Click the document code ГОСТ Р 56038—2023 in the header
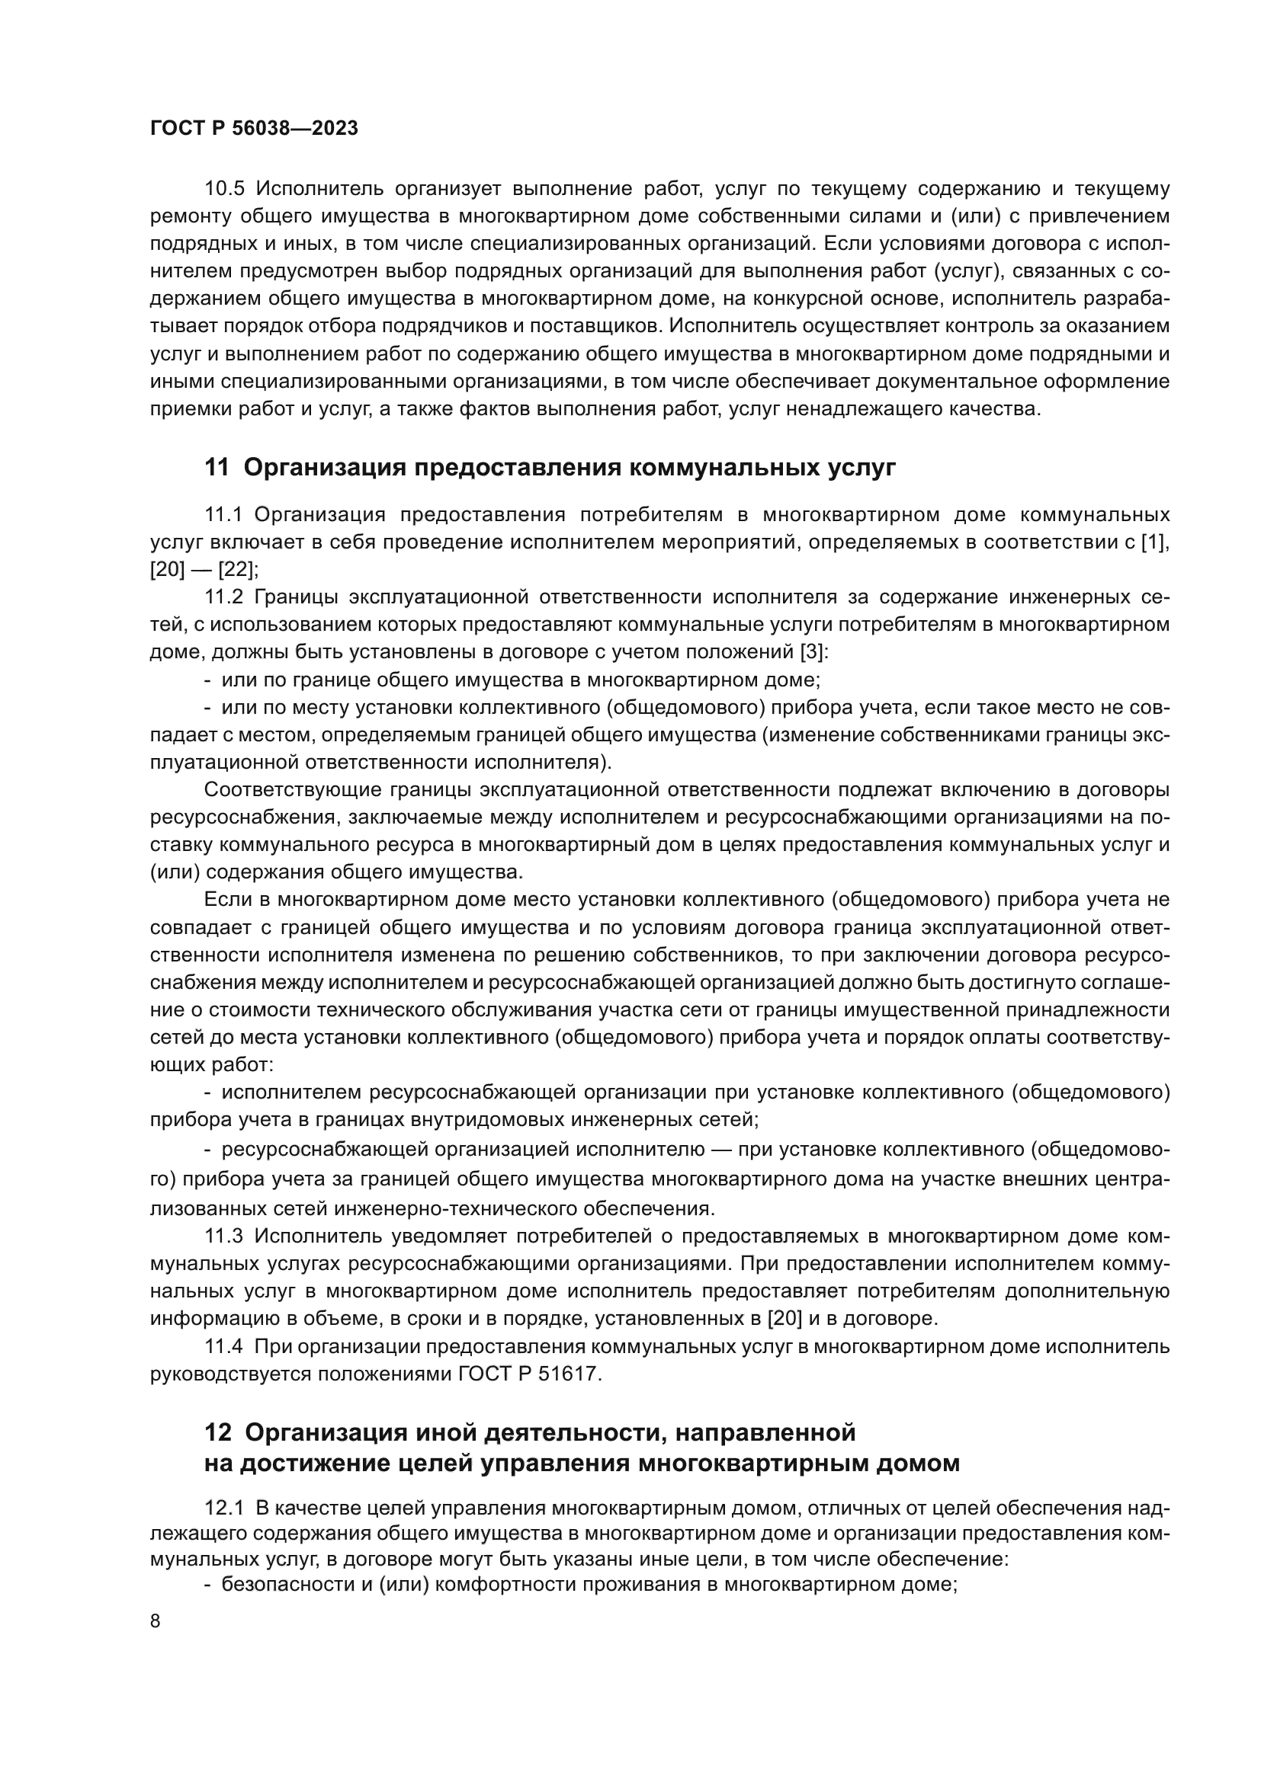coord(254,129)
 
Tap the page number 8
coord(156,1621)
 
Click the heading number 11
coord(217,467)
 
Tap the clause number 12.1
coord(223,1508)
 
